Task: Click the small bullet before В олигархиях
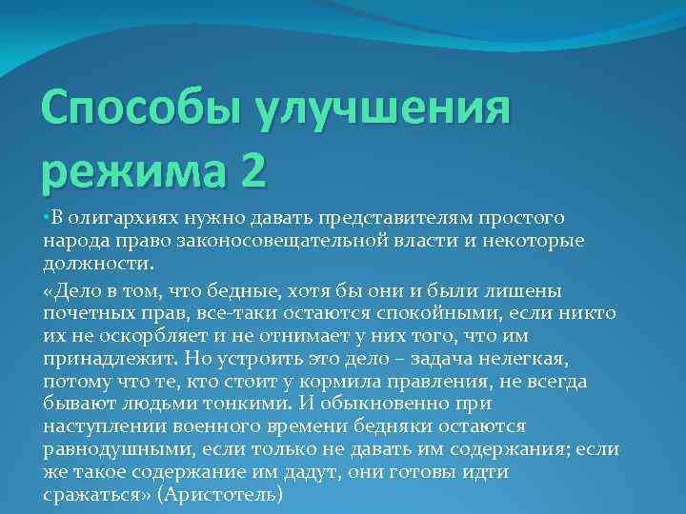pos(46,219)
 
